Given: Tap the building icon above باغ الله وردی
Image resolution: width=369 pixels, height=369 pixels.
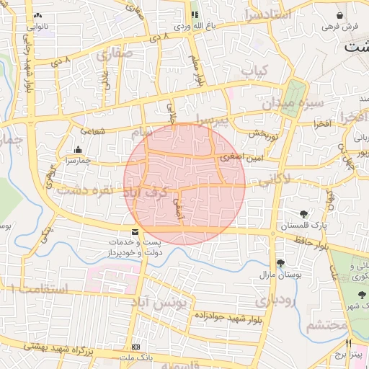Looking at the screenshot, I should click(195, 14).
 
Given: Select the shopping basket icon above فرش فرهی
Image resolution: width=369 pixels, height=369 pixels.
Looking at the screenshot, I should click(339, 15).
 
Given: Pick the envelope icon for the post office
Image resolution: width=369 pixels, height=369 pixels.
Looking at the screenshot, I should click(135, 233).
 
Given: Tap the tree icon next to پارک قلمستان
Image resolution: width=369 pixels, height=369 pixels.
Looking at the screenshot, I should click(304, 213).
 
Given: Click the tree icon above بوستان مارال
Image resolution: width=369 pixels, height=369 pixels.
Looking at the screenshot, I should click(280, 263).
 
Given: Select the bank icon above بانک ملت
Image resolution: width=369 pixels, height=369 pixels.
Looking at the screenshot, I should click(135, 347).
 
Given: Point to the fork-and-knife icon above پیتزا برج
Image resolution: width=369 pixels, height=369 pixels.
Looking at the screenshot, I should click(349, 343).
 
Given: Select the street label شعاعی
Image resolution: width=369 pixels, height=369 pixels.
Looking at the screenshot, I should click(92, 131).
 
